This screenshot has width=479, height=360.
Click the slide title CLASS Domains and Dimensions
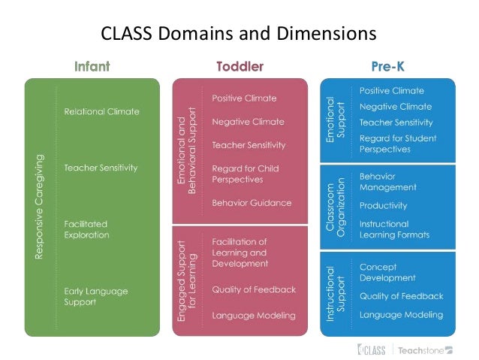coord(239,34)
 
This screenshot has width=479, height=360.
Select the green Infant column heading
coord(92,66)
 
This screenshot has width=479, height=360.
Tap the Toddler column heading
coord(239,66)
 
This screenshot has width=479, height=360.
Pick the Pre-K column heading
coord(387,66)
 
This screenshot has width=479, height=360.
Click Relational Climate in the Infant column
coord(101,111)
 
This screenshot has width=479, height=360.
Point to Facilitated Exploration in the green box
coord(86,229)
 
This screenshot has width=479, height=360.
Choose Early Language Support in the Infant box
coord(96,296)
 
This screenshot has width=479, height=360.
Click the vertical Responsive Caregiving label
coord(40,207)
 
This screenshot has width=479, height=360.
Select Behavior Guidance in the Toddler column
coord(252,203)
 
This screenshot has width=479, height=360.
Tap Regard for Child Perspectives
coord(245,174)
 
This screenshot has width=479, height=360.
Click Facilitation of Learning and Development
coord(239,253)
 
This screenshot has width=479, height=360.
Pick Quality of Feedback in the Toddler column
coord(254,289)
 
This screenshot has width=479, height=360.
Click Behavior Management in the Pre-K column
coord(387,181)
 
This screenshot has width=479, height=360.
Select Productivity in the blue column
coord(383,205)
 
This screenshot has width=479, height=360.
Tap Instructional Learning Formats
coord(394,229)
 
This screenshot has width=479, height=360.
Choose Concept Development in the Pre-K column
coord(388,272)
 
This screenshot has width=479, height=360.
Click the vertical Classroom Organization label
coord(335,207)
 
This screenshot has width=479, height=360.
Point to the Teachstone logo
coord(425,349)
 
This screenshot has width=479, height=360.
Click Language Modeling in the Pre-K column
coord(401,315)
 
